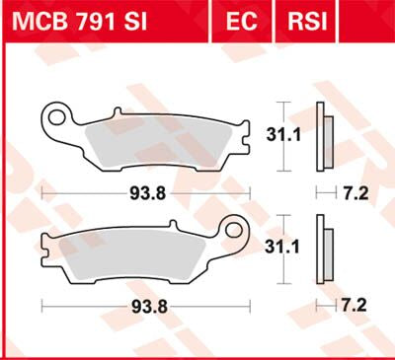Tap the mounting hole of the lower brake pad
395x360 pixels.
coord(236,234)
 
